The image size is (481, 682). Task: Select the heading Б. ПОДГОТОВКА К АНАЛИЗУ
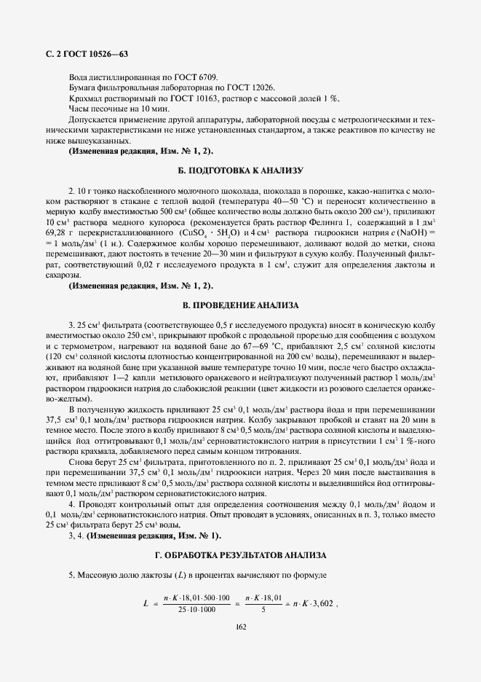240,170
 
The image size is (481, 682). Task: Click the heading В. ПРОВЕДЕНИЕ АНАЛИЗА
240,304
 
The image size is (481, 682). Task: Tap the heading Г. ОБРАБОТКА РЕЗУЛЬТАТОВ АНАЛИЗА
240,555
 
